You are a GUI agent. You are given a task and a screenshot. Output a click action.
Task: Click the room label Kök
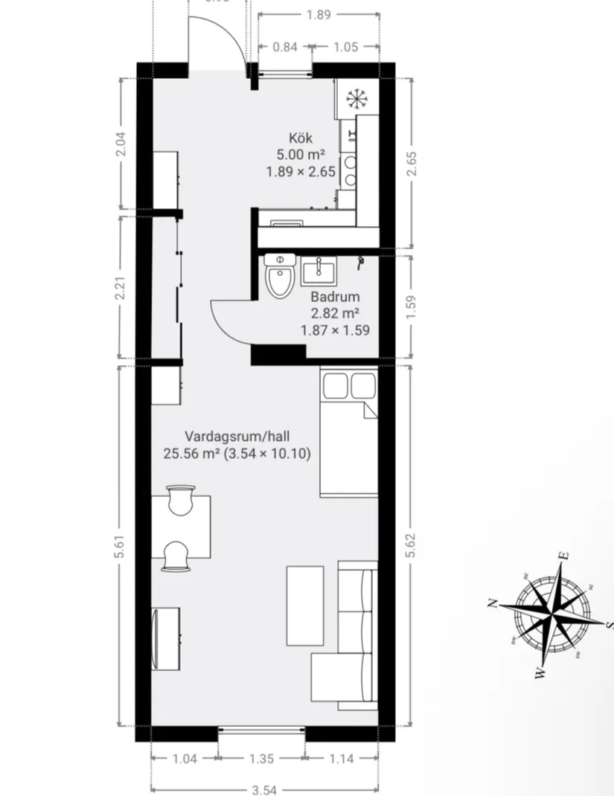(x=301, y=138)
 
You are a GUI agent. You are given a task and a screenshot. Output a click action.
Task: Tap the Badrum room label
(x=335, y=296)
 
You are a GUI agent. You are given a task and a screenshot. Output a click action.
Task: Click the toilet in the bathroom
(x=278, y=277)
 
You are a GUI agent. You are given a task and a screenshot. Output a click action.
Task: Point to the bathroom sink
(x=320, y=271)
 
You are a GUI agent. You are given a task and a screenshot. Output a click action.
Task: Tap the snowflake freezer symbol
(x=356, y=97)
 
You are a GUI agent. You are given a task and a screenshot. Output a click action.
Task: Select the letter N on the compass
(x=492, y=603)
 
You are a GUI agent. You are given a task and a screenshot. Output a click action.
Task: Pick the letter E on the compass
(x=565, y=555)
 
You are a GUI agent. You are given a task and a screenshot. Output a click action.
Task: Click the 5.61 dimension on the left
(x=121, y=547)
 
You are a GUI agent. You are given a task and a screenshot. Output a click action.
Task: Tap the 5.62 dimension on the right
(x=412, y=547)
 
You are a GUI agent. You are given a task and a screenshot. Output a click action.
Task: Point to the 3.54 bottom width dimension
(x=264, y=789)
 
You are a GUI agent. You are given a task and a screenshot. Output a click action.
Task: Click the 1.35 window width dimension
(x=262, y=759)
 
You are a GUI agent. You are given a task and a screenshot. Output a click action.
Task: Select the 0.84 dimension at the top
(x=285, y=47)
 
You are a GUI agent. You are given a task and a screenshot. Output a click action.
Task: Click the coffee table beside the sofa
(x=305, y=606)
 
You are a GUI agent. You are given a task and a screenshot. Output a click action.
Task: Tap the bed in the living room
(x=348, y=431)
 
